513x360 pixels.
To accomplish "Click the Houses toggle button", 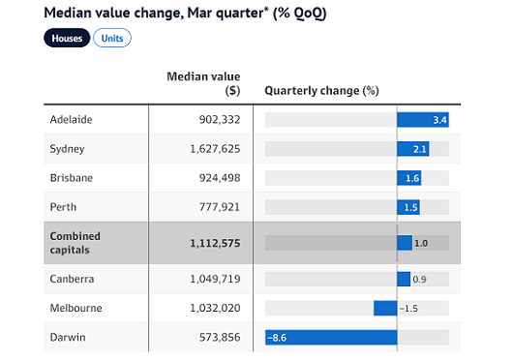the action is (67, 38).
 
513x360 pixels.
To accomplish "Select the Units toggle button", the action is (112, 38).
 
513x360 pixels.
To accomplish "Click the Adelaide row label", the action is (71, 120).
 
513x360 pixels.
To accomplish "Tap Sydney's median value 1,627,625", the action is (215, 149).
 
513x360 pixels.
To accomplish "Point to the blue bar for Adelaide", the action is (423, 120).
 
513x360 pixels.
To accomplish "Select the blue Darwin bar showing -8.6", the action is (331, 338).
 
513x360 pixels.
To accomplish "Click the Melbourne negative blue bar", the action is (385, 308).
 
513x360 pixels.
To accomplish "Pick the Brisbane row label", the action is (72, 178).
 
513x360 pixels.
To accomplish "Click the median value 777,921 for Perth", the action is (220, 207).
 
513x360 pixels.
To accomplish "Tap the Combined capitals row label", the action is (75, 243).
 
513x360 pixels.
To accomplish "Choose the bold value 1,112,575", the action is (215, 243).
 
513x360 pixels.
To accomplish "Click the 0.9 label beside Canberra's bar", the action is (419, 280).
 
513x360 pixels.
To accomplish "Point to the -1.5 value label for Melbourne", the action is (408, 309).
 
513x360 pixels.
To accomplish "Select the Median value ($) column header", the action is (203, 83).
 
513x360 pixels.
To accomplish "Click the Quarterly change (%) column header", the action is (321, 91).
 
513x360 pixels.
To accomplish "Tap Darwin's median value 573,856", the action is (220, 337).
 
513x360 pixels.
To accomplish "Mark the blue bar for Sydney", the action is (413, 149).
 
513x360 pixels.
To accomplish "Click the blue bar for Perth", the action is (408, 207).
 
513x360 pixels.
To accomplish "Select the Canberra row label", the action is (72, 279).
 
